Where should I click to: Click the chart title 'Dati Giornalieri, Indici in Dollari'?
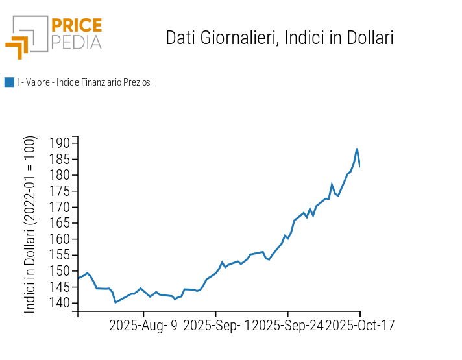click(280, 38)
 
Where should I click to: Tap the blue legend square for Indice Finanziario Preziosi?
click(9, 82)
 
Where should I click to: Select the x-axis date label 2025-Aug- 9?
click(143, 325)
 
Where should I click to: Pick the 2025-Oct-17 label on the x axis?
click(359, 325)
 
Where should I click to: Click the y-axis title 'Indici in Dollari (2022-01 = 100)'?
click(30, 225)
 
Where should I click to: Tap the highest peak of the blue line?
click(357, 149)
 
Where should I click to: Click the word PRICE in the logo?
click(76, 26)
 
